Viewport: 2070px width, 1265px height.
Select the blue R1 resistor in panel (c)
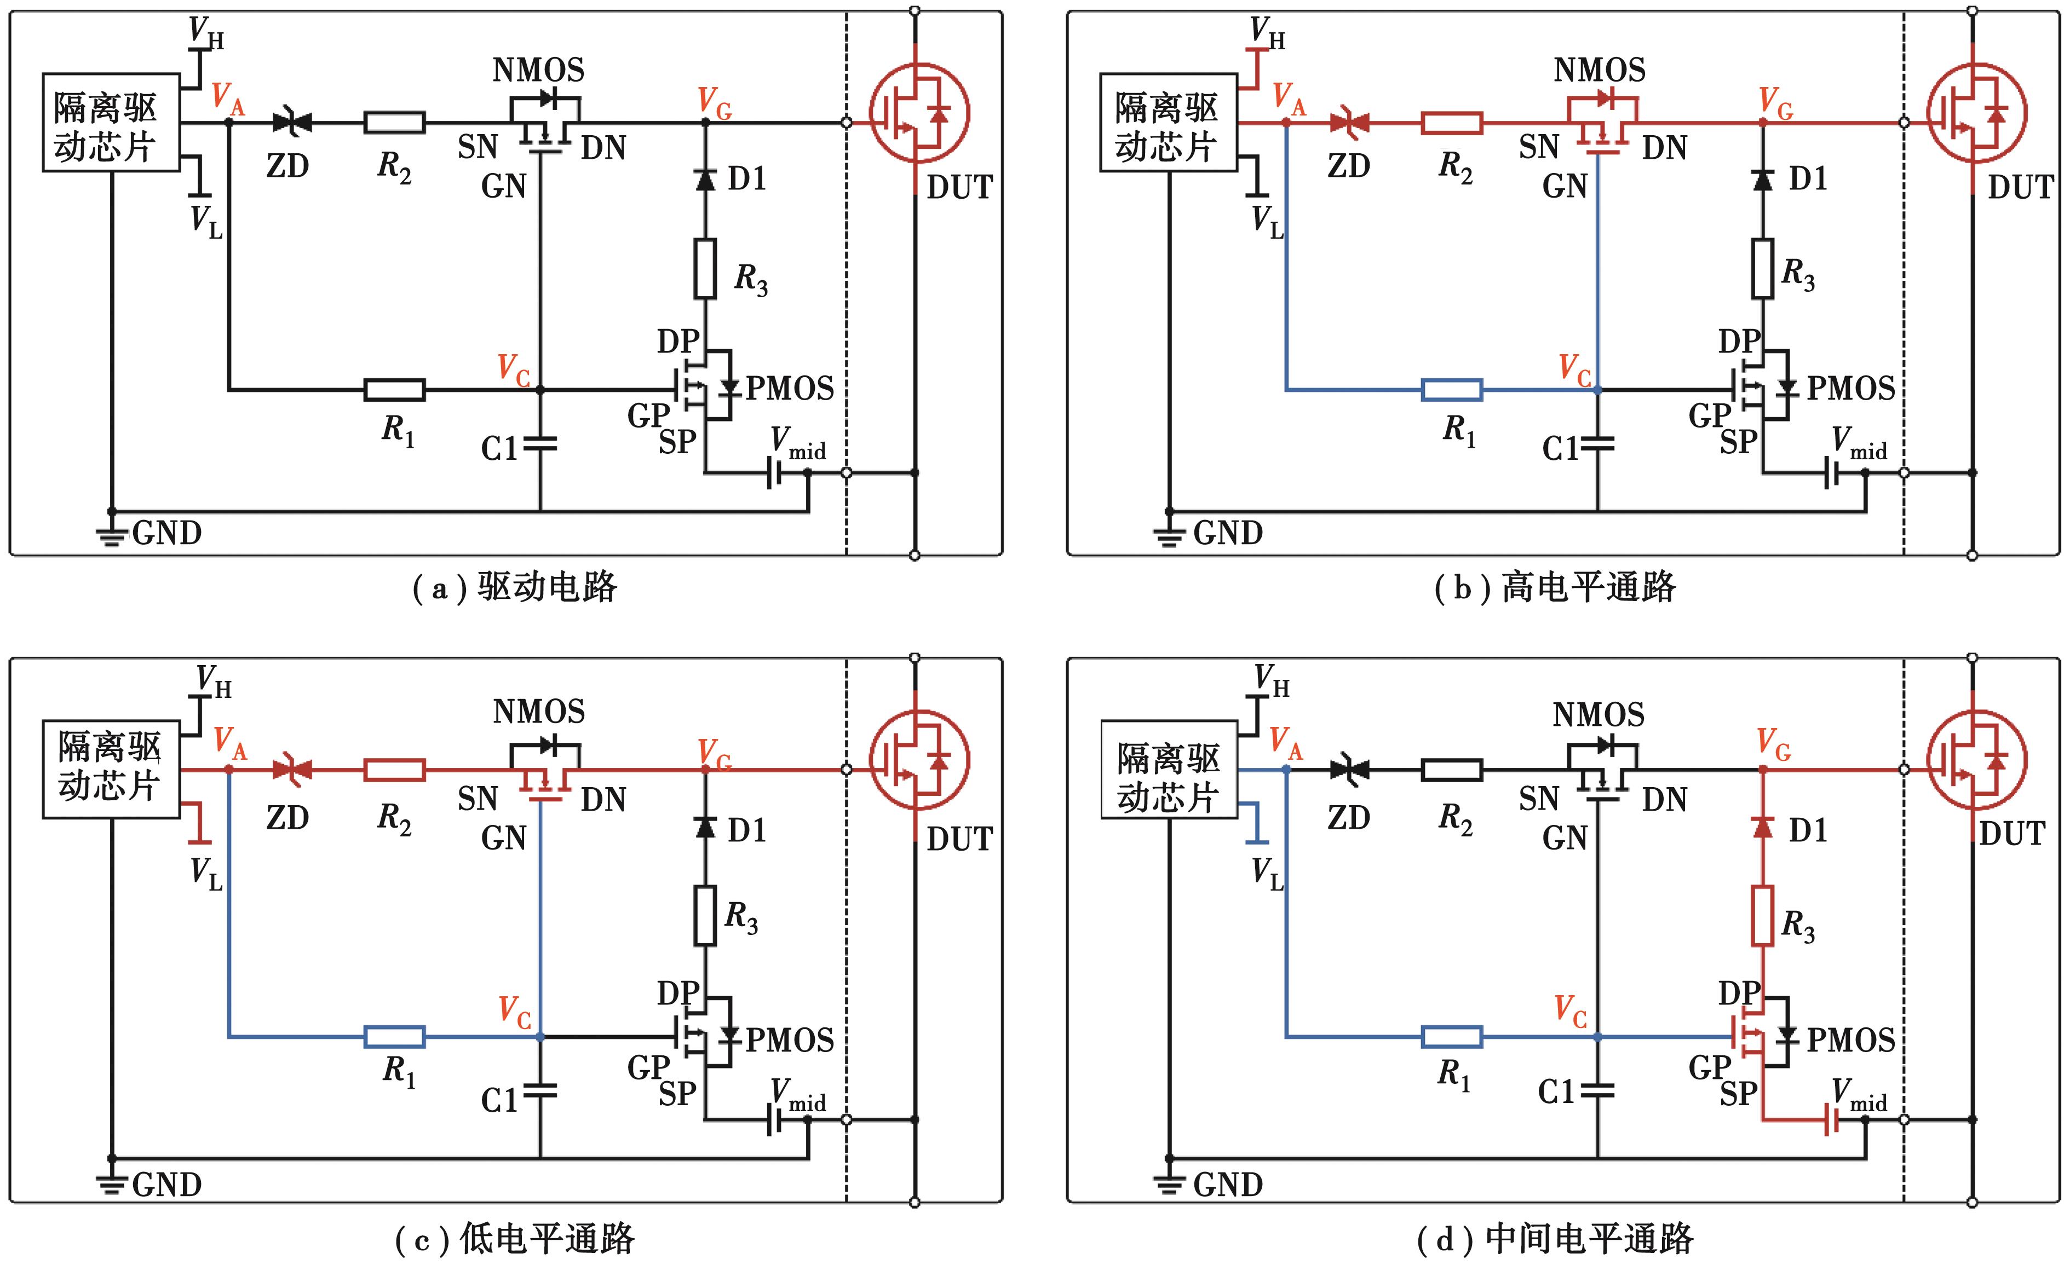(394, 1037)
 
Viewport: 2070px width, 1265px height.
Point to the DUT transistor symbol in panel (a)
(919, 113)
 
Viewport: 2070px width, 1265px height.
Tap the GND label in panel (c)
(167, 1185)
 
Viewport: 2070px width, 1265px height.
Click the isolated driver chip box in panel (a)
(111, 123)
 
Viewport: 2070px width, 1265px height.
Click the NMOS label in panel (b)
(1599, 70)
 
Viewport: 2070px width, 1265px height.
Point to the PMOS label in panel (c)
(790, 1040)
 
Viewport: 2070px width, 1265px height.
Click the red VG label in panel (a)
(715, 102)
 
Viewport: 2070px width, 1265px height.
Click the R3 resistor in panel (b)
(1763, 269)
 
